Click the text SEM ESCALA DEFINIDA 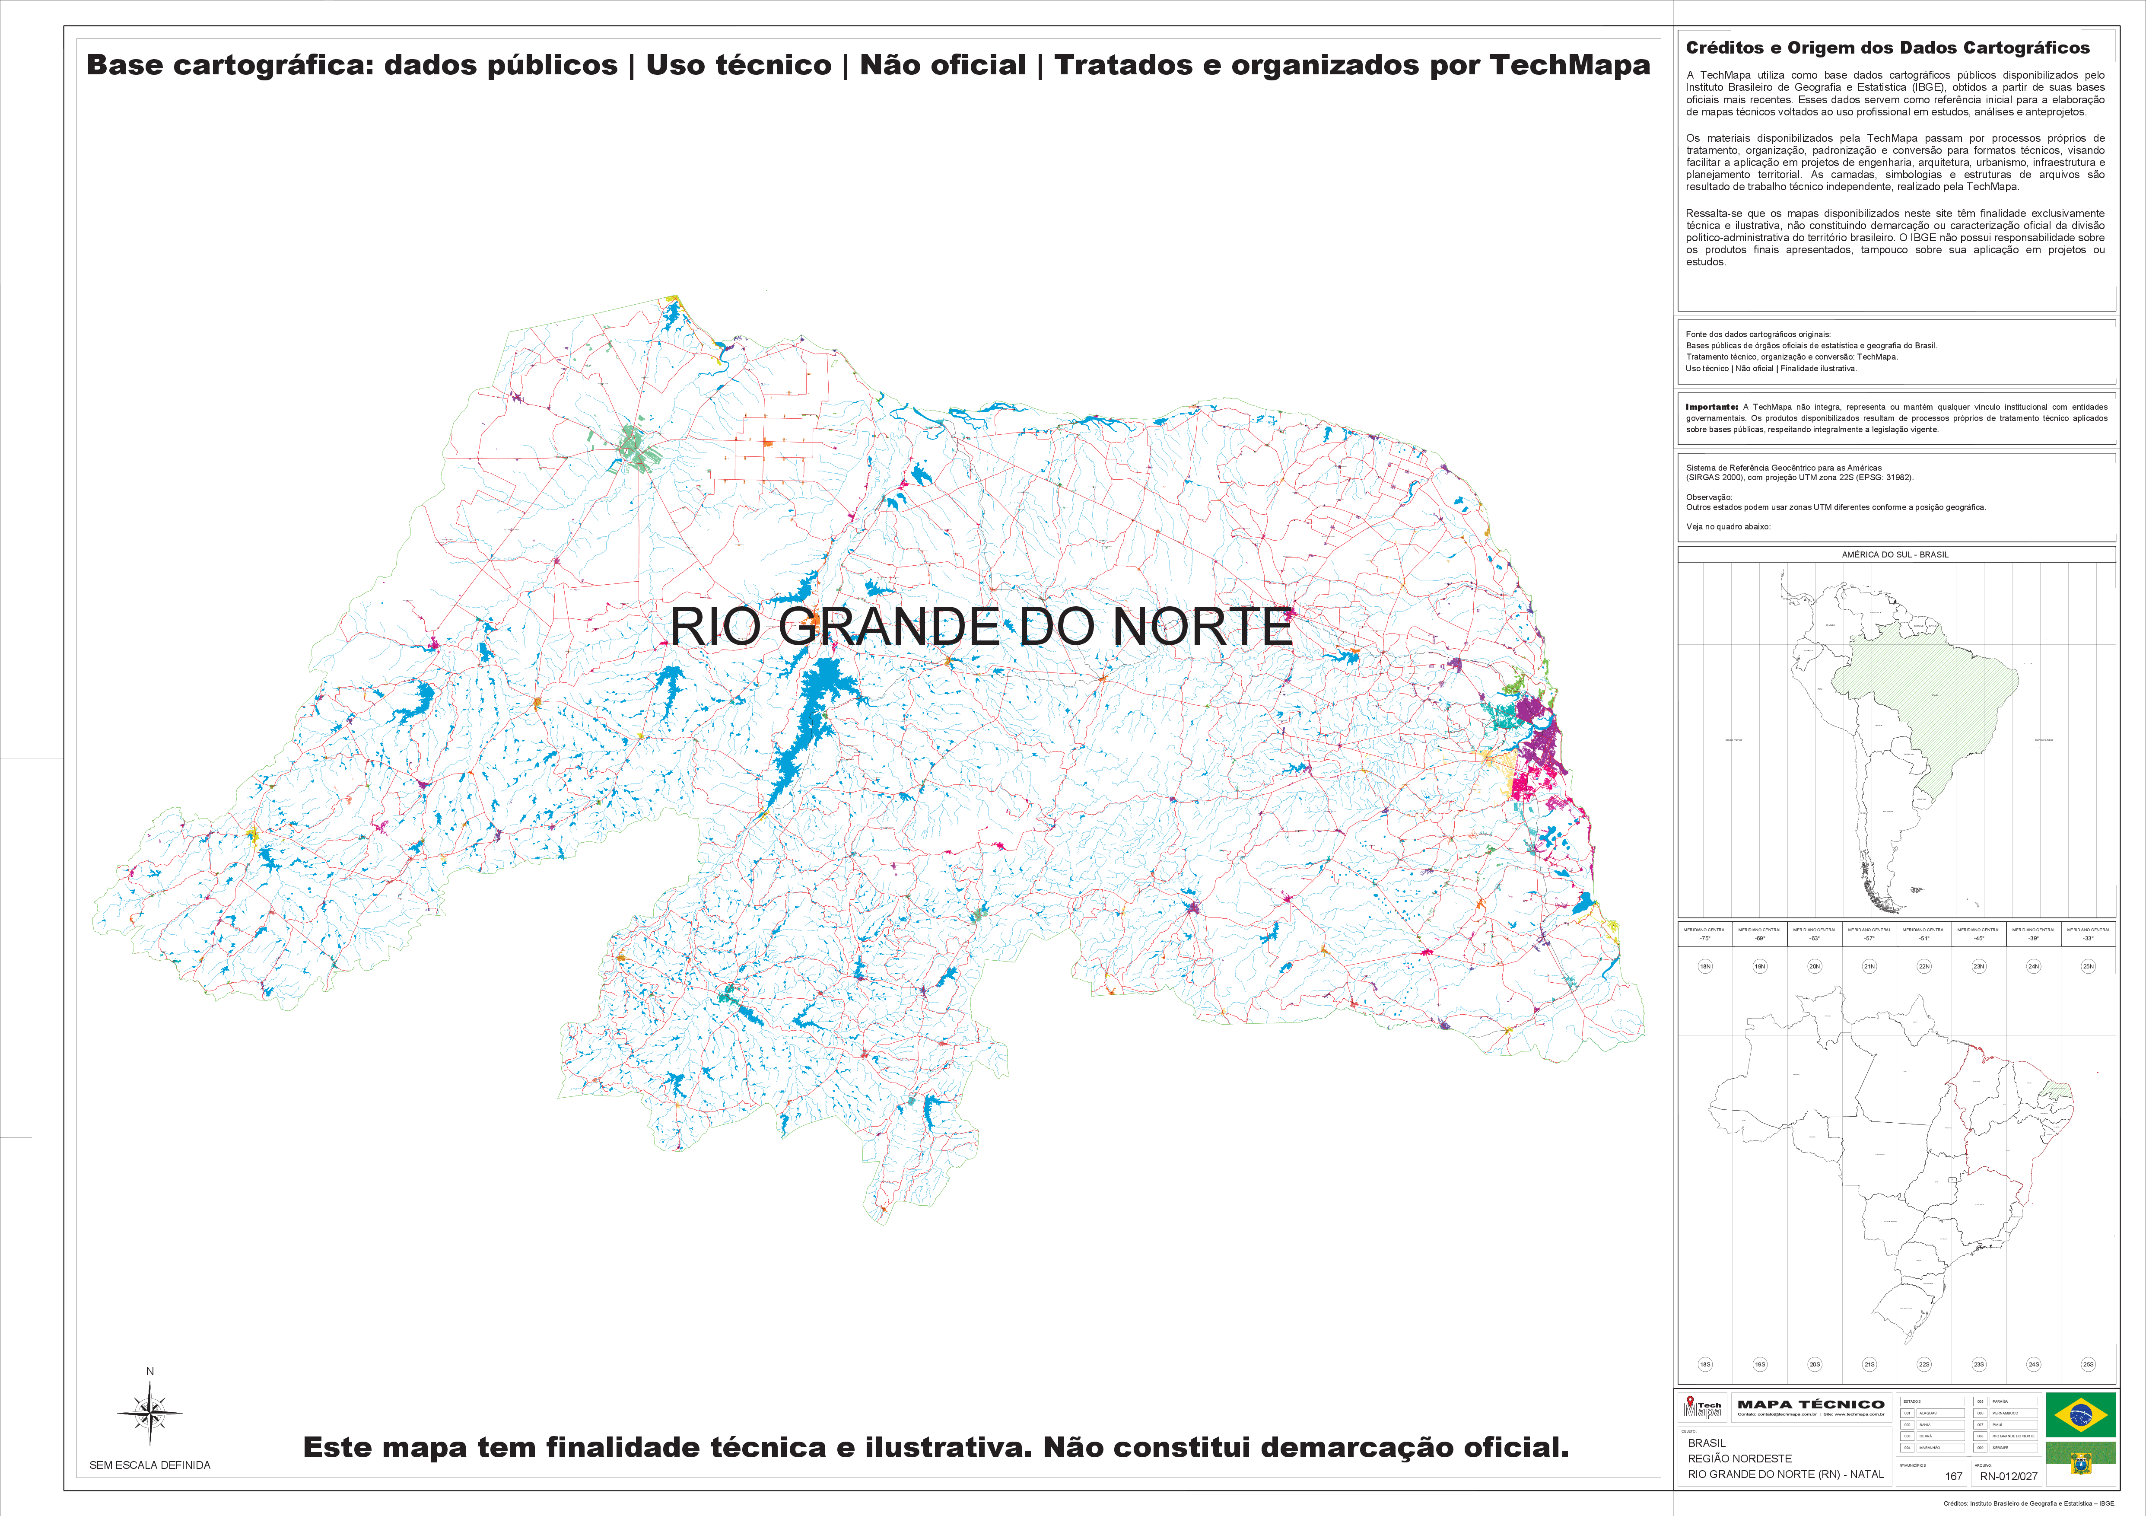149,1465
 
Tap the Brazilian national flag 2081,1414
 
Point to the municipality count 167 1953,1476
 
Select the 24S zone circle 2033,1365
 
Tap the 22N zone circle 1923,966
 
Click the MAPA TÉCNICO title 1810,1404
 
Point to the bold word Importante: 1711,407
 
